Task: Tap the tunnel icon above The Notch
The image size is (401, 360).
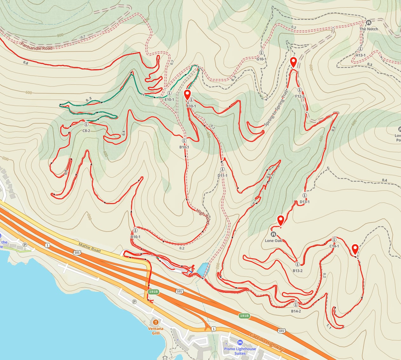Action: pyautogui.click(x=369, y=23)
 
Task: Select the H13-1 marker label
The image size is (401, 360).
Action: pyautogui.click(x=360, y=55)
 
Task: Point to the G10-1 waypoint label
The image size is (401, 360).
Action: pyautogui.click(x=261, y=59)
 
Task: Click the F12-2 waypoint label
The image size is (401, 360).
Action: pyautogui.click(x=300, y=96)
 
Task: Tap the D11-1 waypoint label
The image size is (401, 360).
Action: pyautogui.click(x=223, y=175)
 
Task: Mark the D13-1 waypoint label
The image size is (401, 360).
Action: pyautogui.click(x=304, y=202)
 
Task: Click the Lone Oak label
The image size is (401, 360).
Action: pyautogui.click(x=273, y=240)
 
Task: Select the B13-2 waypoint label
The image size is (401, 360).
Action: pyautogui.click(x=297, y=271)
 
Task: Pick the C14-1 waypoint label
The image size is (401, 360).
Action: pyautogui.click(x=334, y=246)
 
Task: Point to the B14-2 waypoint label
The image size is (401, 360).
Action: pyautogui.click(x=296, y=311)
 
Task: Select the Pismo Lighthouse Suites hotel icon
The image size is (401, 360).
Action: pyautogui.click(x=240, y=343)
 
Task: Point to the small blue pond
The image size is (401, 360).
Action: pyautogui.click(x=203, y=269)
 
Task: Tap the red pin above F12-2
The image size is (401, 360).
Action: pyautogui.click(x=294, y=62)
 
